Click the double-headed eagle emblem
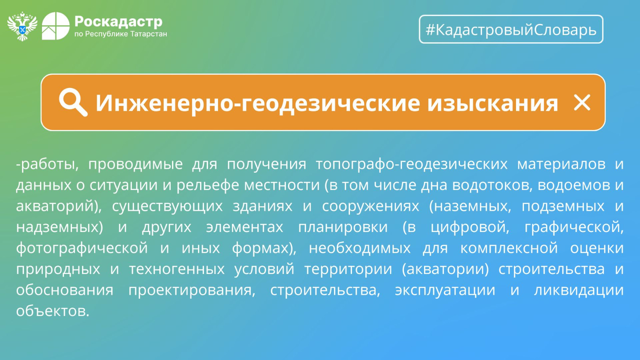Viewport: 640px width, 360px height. pyautogui.click(x=22, y=26)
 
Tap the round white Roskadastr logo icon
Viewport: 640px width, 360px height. pyautogui.click(x=56, y=26)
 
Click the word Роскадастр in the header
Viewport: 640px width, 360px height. pyautogui.click(x=118, y=22)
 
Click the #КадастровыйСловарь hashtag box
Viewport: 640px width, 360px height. pyautogui.click(x=511, y=29)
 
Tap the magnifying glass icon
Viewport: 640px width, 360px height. pyautogui.click(x=73, y=102)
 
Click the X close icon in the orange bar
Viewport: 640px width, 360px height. pyautogui.click(x=582, y=102)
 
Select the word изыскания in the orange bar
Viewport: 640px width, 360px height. pyautogui.click(x=492, y=103)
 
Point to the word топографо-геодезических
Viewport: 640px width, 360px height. pyautogui.click(x=412, y=164)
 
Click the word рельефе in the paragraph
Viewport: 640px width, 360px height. pyautogui.click(x=210, y=185)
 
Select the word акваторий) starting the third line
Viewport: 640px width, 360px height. pyautogui.click(x=58, y=206)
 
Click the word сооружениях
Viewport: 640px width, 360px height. pyautogui.click(x=370, y=206)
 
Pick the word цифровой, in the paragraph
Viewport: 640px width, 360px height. pyautogui.click(x=470, y=227)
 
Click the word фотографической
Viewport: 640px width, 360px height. pyautogui.click(x=82, y=248)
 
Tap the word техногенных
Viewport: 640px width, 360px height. pyautogui.click(x=177, y=269)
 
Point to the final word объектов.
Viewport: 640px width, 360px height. pyautogui.click(x=53, y=310)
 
